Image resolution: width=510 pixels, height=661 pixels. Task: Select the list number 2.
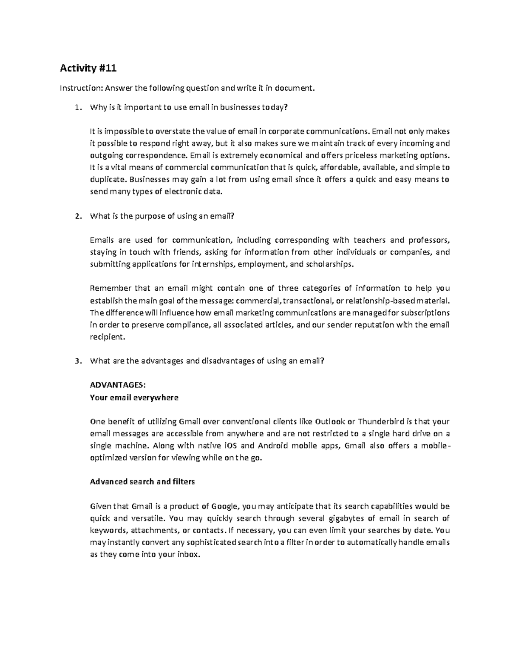coord(76,216)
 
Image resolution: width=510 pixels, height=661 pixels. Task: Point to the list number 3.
coord(76,361)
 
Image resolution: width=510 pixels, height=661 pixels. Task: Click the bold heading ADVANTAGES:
coord(118,385)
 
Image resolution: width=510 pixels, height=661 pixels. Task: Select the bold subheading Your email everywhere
coord(134,398)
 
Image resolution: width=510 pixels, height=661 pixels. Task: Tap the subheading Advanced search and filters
coord(142,482)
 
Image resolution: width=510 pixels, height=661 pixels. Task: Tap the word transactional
coord(308,301)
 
